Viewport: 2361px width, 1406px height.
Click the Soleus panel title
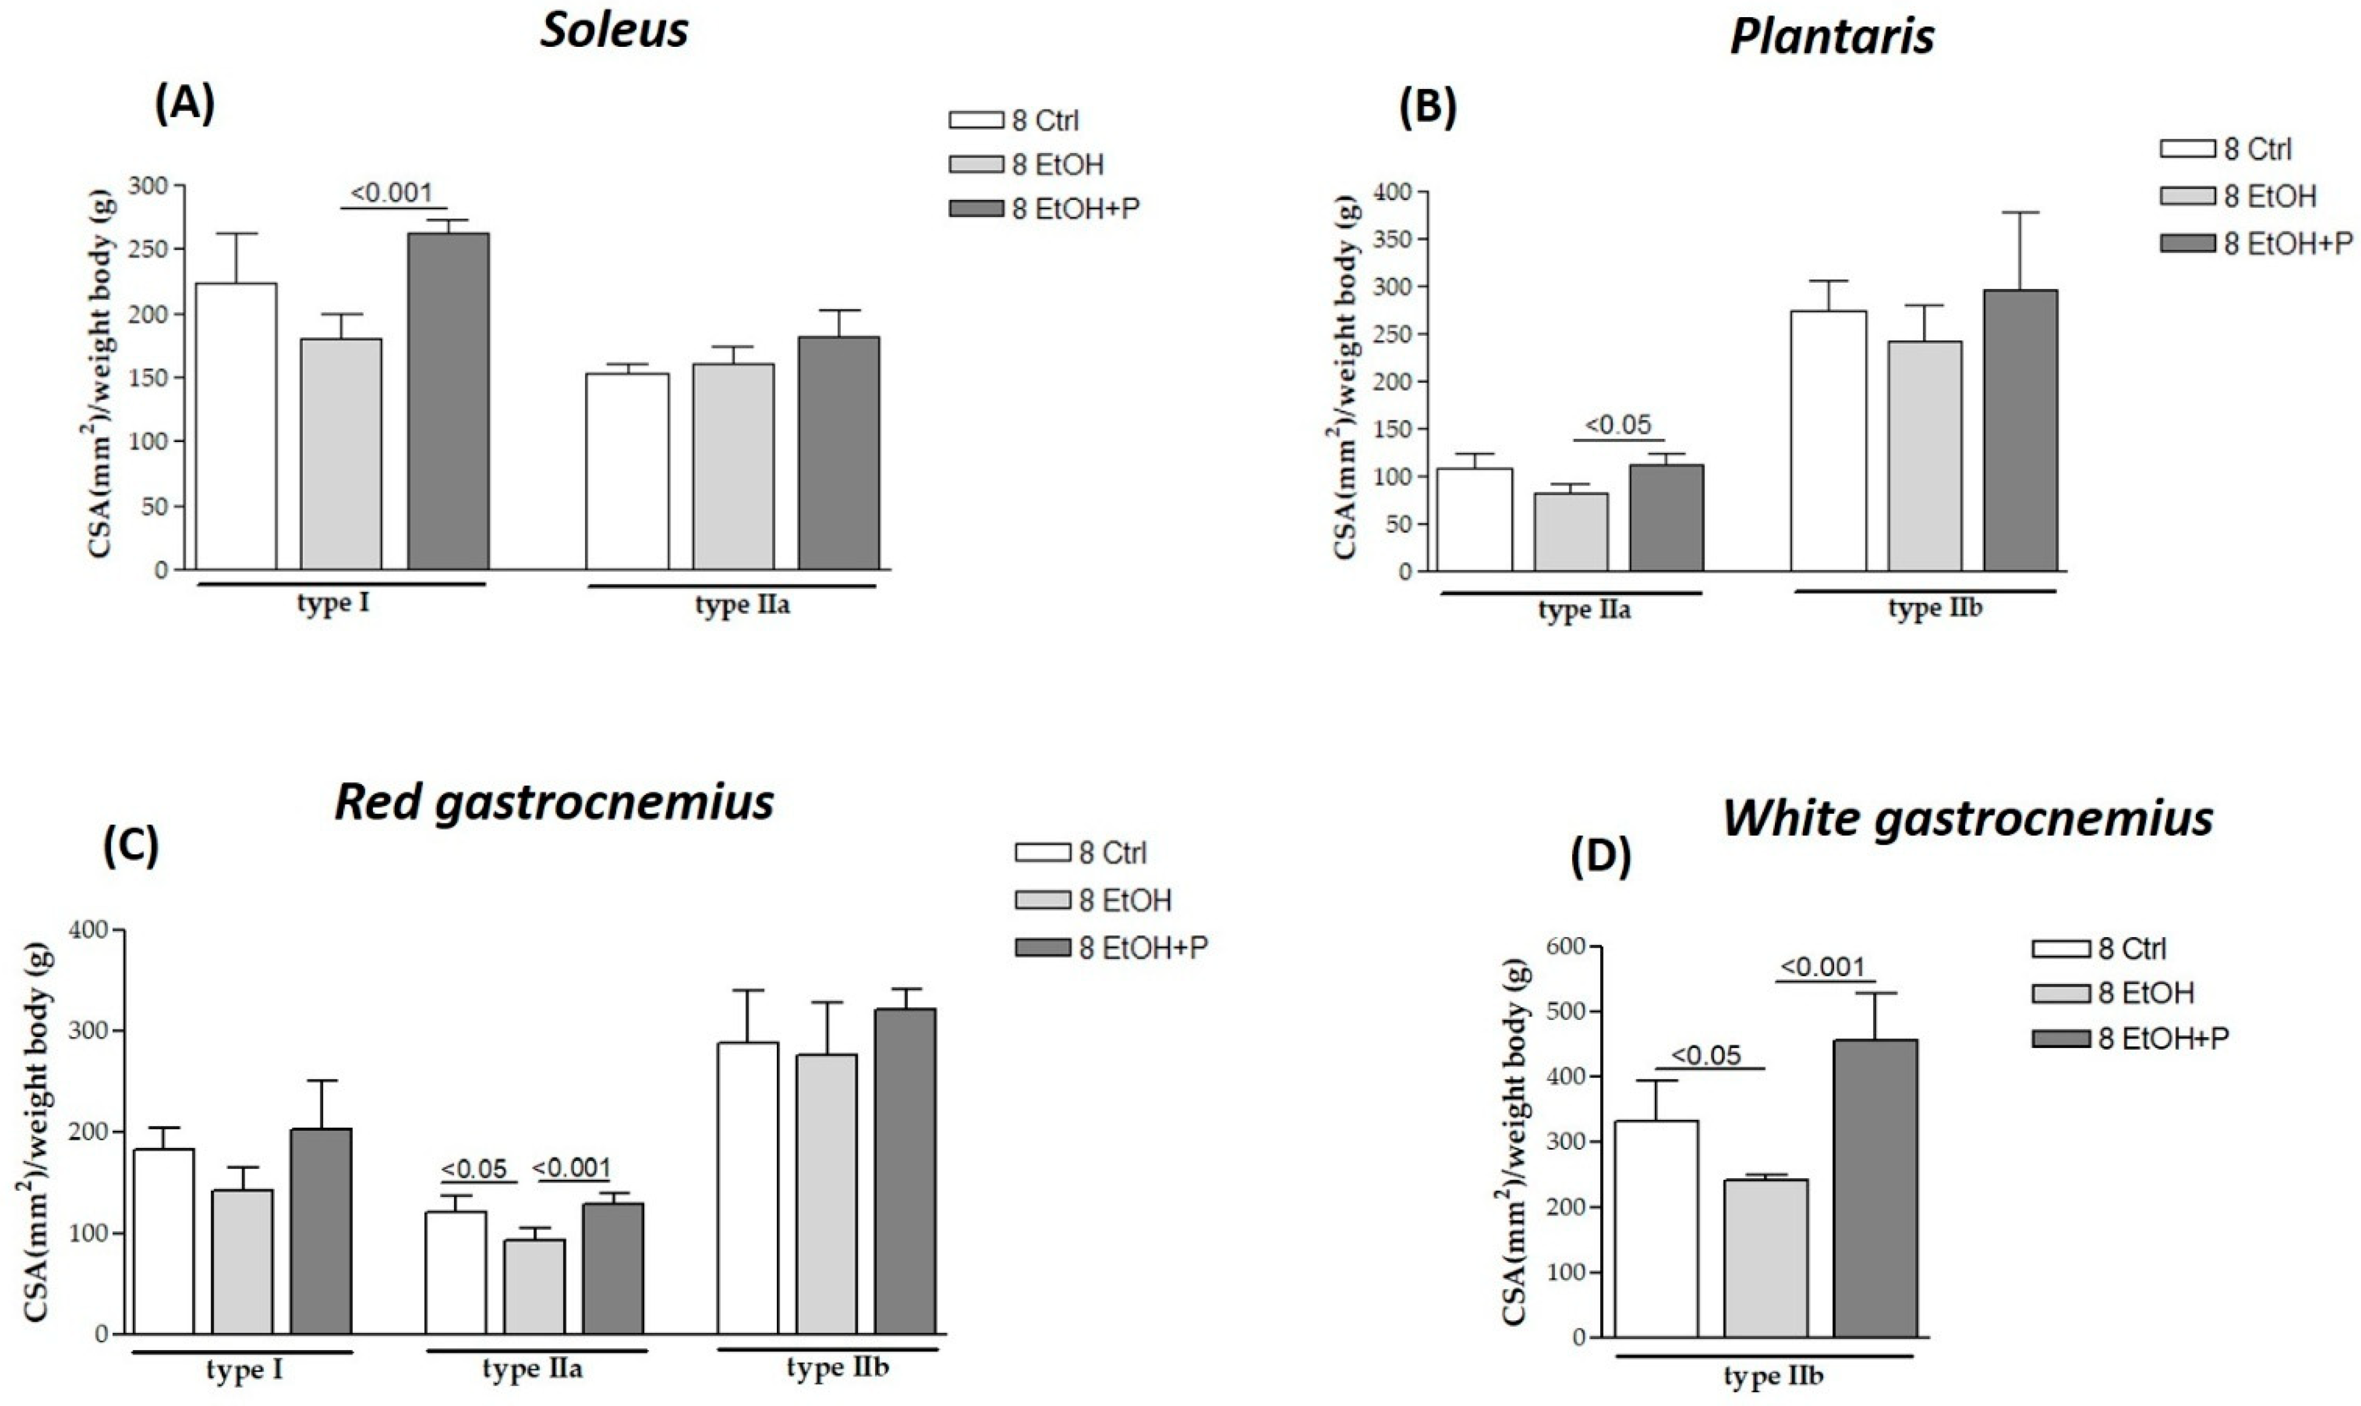pos(614,30)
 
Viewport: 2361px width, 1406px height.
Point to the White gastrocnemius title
pos(1968,818)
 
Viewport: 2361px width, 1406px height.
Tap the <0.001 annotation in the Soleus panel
pos(391,193)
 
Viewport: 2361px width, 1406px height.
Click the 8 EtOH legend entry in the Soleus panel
pos(1027,165)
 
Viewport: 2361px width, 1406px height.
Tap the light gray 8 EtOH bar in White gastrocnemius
pos(1765,1258)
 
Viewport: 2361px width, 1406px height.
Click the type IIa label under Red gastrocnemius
pos(532,1369)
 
